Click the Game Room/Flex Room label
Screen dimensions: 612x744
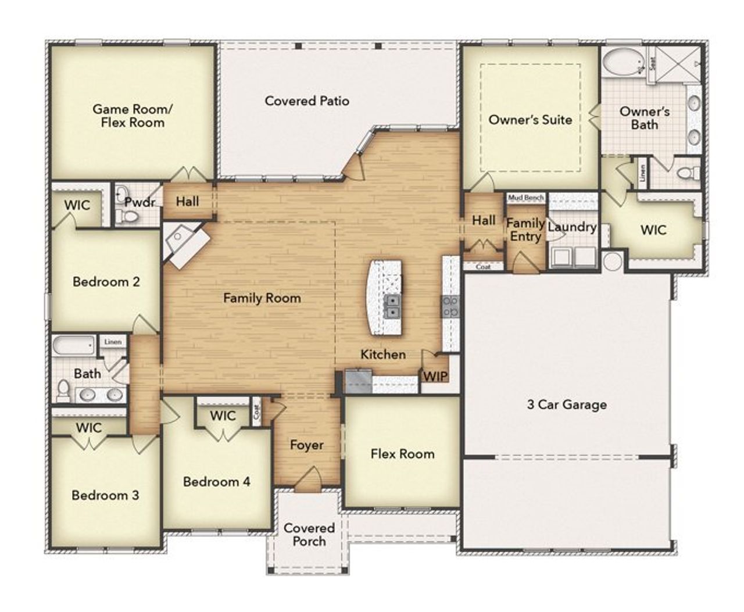click(x=132, y=116)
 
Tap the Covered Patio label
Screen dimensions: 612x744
click(x=307, y=101)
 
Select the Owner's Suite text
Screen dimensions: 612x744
click(x=530, y=120)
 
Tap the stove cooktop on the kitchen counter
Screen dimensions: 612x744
click(x=451, y=306)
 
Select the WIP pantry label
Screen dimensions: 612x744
click(x=435, y=376)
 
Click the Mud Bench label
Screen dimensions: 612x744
click(x=526, y=198)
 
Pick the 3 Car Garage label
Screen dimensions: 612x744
click(x=567, y=405)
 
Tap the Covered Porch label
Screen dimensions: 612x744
click(x=309, y=535)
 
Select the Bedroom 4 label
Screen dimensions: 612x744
click(x=216, y=482)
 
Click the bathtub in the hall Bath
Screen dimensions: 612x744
click(x=74, y=346)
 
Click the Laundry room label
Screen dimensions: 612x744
click(x=573, y=227)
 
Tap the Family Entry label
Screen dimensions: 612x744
click(x=525, y=230)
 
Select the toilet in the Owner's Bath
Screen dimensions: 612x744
click(x=688, y=173)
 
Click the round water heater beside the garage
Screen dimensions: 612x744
click(x=613, y=261)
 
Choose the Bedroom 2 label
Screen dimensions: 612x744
click(x=106, y=282)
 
